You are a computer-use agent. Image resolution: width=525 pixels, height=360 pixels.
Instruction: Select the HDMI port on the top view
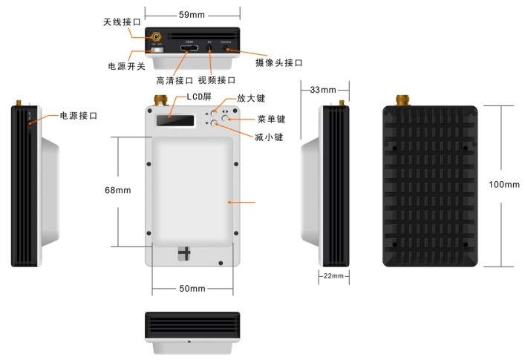pos(189,50)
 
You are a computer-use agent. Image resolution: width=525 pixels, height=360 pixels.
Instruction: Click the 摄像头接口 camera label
pos(278,63)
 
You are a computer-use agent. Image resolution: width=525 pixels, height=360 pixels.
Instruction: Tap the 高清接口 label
pos(175,80)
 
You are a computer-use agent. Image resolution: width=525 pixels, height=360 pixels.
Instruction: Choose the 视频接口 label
pos(217,80)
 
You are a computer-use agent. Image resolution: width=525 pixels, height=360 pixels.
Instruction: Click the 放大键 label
pos(251,98)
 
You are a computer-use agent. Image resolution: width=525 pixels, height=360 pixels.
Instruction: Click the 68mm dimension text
pos(119,190)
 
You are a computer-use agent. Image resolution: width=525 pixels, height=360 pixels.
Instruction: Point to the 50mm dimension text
pos(192,288)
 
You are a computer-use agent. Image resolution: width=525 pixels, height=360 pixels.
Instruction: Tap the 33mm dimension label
pos(323,90)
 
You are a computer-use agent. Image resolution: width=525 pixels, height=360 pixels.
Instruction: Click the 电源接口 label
pos(78,116)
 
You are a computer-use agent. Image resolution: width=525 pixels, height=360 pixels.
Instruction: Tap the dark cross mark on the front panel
pos(184,252)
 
